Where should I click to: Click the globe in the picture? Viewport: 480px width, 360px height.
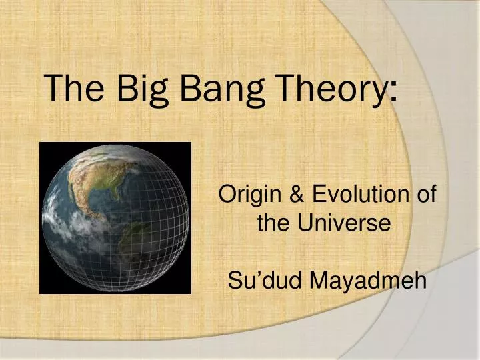[x=115, y=217]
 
